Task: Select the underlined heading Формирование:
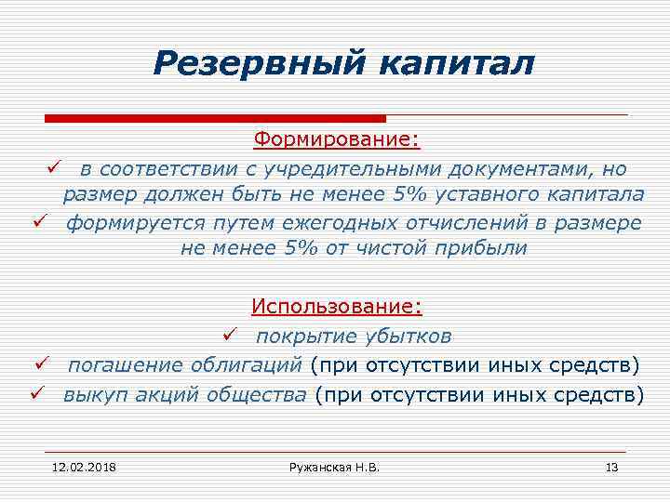pos(337,140)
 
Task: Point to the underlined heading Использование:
pos(337,307)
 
